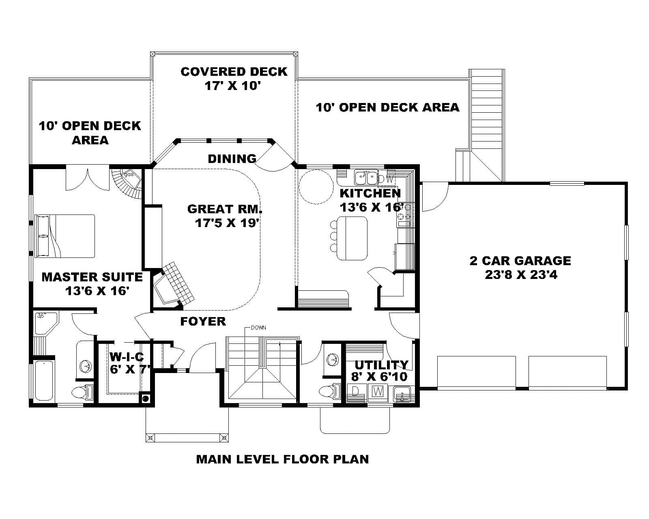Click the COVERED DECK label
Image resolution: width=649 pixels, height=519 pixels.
[x=234, y=72]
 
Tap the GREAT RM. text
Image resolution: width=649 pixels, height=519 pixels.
[x=225, y=209]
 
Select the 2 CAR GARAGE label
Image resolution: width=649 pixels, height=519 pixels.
[x=520, y=260]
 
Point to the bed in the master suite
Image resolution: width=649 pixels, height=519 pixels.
[x=65, y=236]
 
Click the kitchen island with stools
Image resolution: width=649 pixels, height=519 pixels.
[x=352, y=238]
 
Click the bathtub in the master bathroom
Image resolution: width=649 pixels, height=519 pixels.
[x=43, y=380]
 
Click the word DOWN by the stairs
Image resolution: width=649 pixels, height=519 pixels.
[x=258, y=328]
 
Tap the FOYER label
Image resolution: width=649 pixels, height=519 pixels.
[x=203, y=322]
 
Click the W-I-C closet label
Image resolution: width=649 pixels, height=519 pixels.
[x=127, y=357]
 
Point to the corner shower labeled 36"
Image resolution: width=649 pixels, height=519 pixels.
[x=45, y=323]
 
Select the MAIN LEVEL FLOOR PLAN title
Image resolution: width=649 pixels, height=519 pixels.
[x=282, y=459]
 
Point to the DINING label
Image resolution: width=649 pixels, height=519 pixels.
[x=232, y=159]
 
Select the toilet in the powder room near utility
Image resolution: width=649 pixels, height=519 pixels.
[x=329, y=392]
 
